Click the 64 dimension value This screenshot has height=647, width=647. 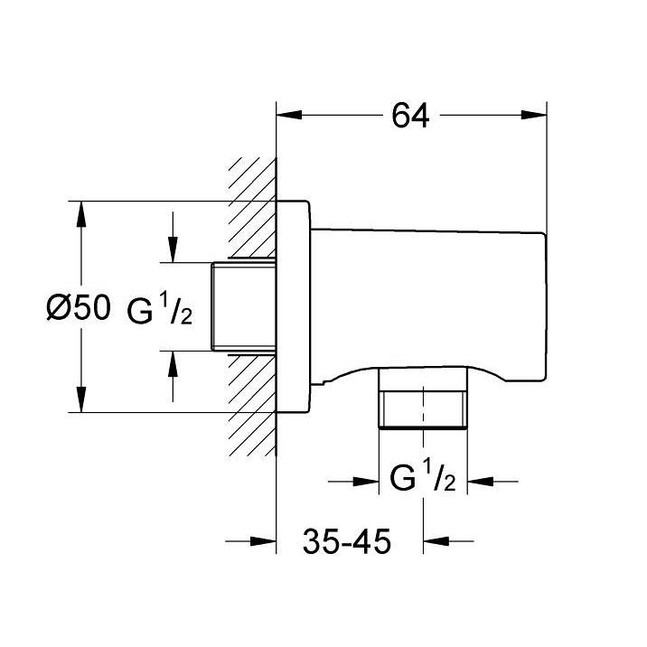click(410, 116)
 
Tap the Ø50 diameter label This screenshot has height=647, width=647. click(79, 307)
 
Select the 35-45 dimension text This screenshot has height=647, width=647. click(347, 541)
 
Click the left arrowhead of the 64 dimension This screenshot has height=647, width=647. click(289, 115)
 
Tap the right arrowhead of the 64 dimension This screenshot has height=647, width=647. click(533, 115)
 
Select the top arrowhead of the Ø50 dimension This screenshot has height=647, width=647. click(81, 214)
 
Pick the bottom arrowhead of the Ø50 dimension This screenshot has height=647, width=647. click(81, 399)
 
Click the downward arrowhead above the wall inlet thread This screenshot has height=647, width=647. click(173, 249)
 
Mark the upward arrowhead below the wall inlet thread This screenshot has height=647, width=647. click(173, 363)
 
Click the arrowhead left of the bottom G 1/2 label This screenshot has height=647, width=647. click(366, 481)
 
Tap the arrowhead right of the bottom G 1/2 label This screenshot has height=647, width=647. click(480, 481)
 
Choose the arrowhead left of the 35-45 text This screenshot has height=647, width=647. click(263, 541)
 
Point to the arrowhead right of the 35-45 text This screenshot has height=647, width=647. click(436, 541)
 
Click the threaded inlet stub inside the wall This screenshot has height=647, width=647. click(243, 306)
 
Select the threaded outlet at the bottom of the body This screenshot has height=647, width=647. click(423, 399)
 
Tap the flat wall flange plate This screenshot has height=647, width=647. click(293, 306)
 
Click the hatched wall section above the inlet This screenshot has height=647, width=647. click(252, 209)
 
